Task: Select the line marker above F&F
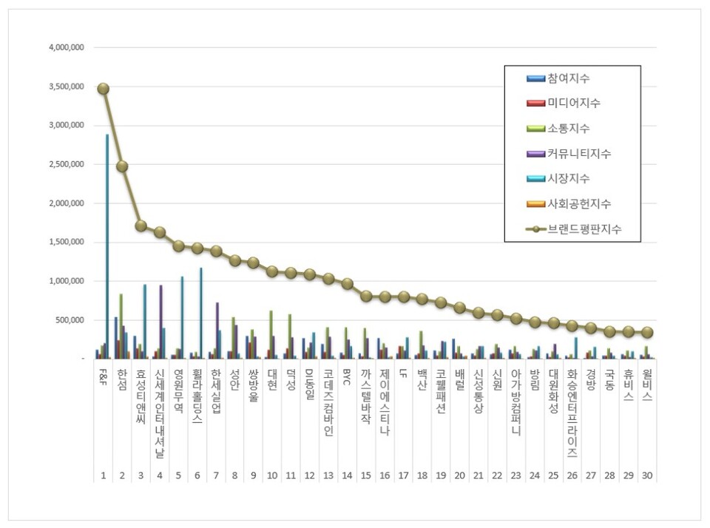pos(103,89)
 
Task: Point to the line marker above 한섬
pos(122,166)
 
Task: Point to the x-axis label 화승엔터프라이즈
pos(572,415)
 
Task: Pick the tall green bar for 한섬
pos(121,326)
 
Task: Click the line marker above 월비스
pos(647,333)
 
